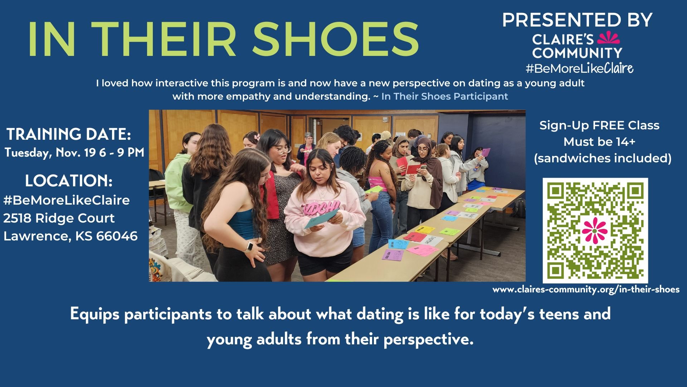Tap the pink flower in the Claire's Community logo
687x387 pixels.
point(608,38)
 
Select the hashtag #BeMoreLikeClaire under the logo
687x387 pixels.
point(579,68)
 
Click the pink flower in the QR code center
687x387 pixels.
point(595,230)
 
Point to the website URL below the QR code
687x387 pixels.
point(586,290)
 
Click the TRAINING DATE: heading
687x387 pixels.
point(69,134)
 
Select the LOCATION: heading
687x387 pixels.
point(69,181)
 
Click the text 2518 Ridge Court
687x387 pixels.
point(59,218)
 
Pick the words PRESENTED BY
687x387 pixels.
point(577,20)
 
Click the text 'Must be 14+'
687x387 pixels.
point(599,142)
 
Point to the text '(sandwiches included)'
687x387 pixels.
point(603,158)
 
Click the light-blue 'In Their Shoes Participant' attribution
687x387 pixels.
point(445,96)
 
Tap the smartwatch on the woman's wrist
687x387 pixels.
point(249,247)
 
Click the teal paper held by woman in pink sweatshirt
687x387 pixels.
point(321,219)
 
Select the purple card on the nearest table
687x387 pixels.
point(393,255)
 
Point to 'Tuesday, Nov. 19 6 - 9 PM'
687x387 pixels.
point(74,153)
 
